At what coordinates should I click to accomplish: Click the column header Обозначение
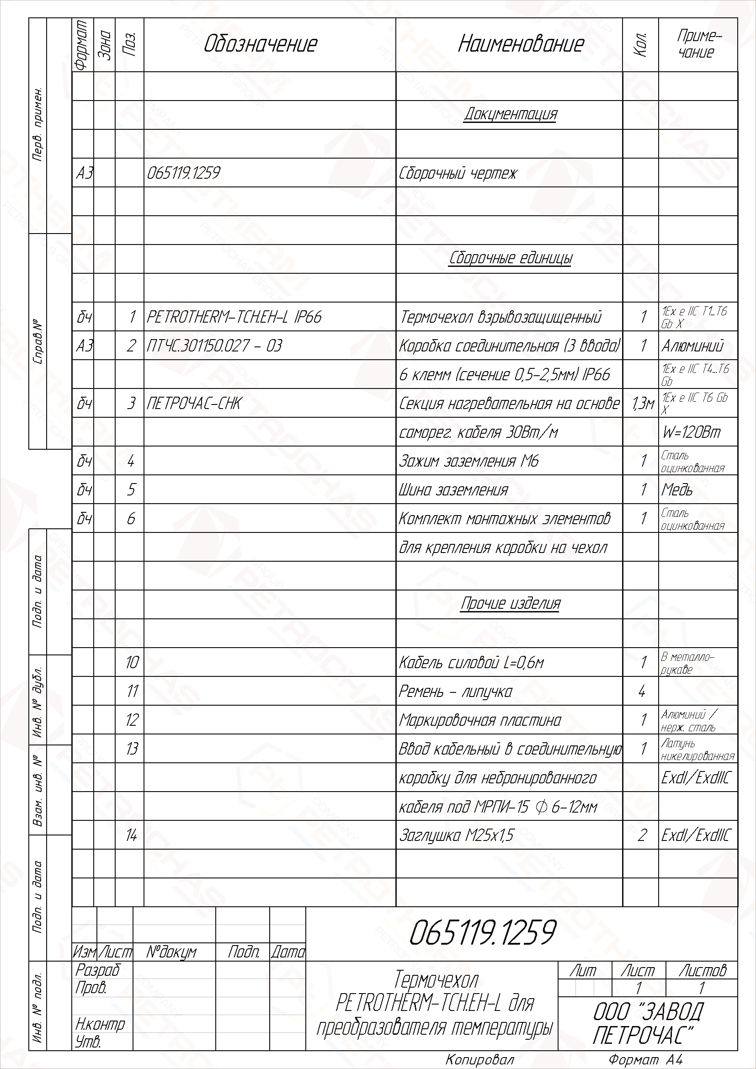260,44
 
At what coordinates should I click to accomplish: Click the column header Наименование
521,44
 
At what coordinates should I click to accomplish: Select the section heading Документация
510,114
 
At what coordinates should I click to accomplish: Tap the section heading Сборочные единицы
510,258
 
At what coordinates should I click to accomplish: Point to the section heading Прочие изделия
510,604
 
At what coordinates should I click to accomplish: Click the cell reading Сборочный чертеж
458,173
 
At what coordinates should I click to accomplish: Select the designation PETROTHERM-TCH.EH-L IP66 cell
234,317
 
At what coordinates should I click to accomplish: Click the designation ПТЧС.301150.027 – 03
214,346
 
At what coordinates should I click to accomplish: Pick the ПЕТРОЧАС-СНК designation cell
194,403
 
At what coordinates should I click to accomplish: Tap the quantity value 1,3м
643,404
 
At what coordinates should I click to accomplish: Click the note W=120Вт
691,432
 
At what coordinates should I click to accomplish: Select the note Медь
677,490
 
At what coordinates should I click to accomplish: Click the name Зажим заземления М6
469,461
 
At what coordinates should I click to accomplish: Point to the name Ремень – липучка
455,691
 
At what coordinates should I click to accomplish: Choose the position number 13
132,749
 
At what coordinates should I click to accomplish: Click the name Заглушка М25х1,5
457,835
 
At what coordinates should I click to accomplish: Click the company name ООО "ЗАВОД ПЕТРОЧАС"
648,1023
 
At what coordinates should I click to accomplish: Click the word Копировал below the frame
479,1060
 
